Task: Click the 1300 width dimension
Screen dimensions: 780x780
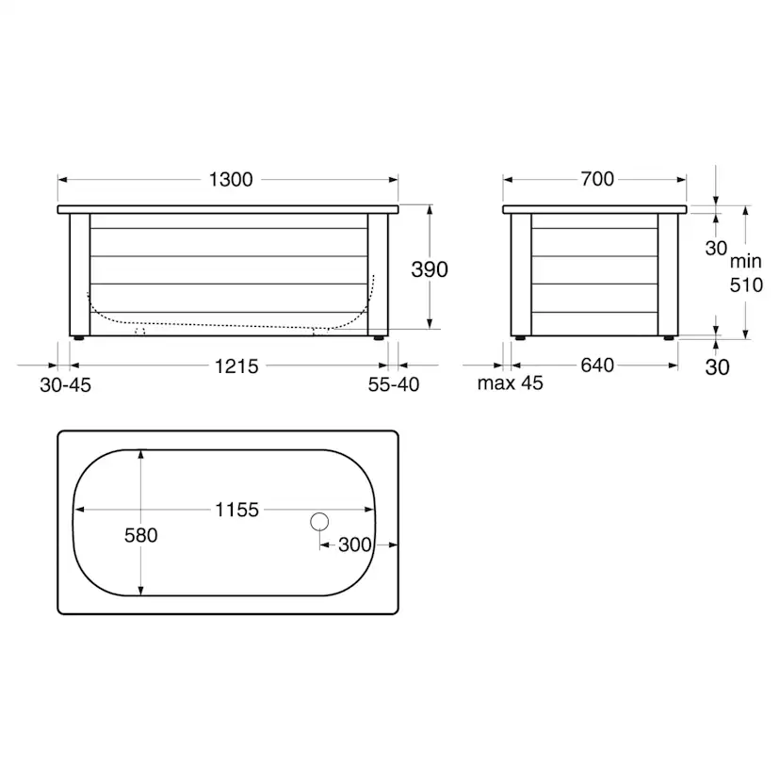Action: point(231,180)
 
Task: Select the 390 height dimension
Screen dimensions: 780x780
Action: point(430,269)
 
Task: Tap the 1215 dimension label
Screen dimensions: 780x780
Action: point(236,366)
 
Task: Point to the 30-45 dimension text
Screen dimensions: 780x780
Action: point(66,385)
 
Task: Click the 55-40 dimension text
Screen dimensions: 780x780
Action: point(394,384)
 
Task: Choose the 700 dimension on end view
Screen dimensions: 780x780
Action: point(597,179)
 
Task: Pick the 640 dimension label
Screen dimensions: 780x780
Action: point(597,366)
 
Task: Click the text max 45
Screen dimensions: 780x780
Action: point(511,383)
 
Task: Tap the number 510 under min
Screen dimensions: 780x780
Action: point(747,285)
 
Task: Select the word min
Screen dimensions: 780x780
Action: point(746,261)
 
